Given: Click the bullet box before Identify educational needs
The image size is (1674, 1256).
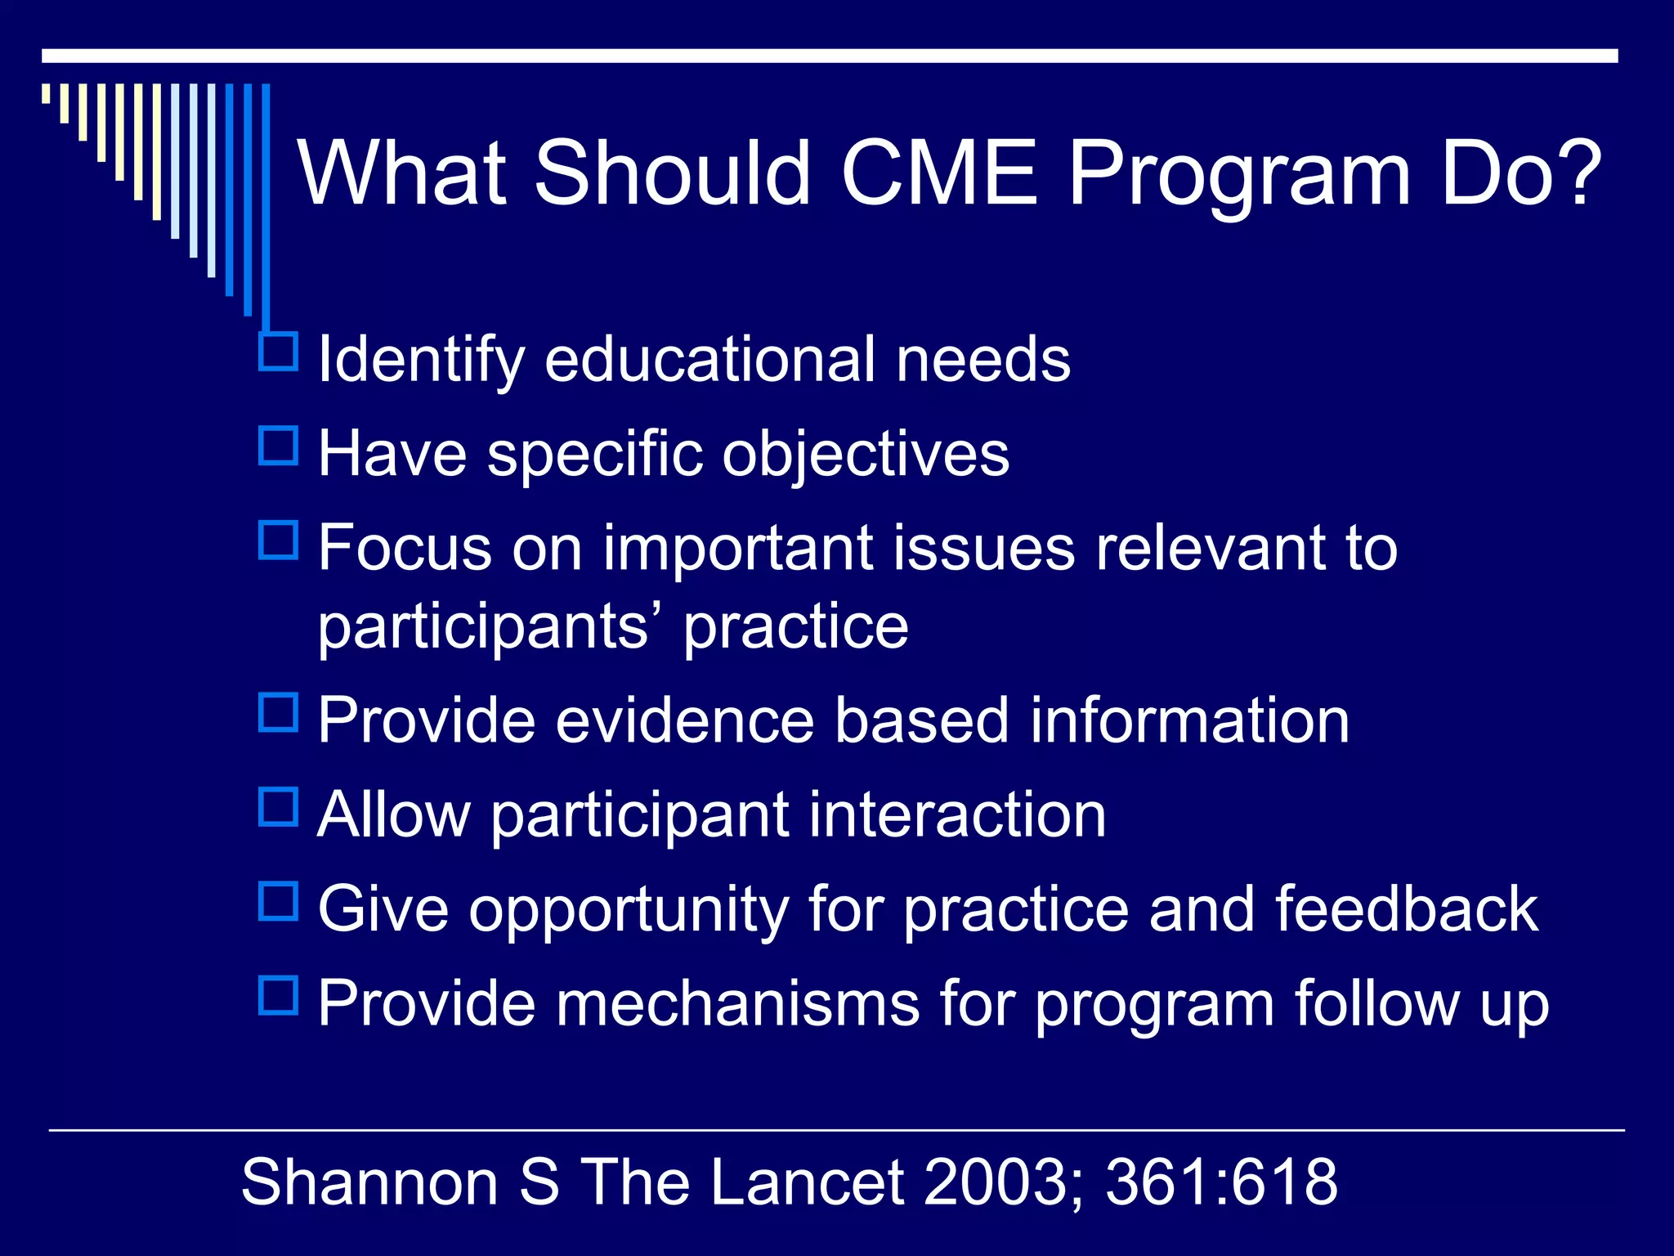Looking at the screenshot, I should [278, 352].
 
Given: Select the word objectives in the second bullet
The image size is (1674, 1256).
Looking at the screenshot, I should [866, 455].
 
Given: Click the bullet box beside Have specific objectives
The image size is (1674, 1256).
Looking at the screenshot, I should [278, 446].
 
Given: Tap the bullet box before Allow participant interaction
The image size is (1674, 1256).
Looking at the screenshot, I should [278, 806].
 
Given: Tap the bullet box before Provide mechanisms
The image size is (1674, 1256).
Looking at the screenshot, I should [278, 995].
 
